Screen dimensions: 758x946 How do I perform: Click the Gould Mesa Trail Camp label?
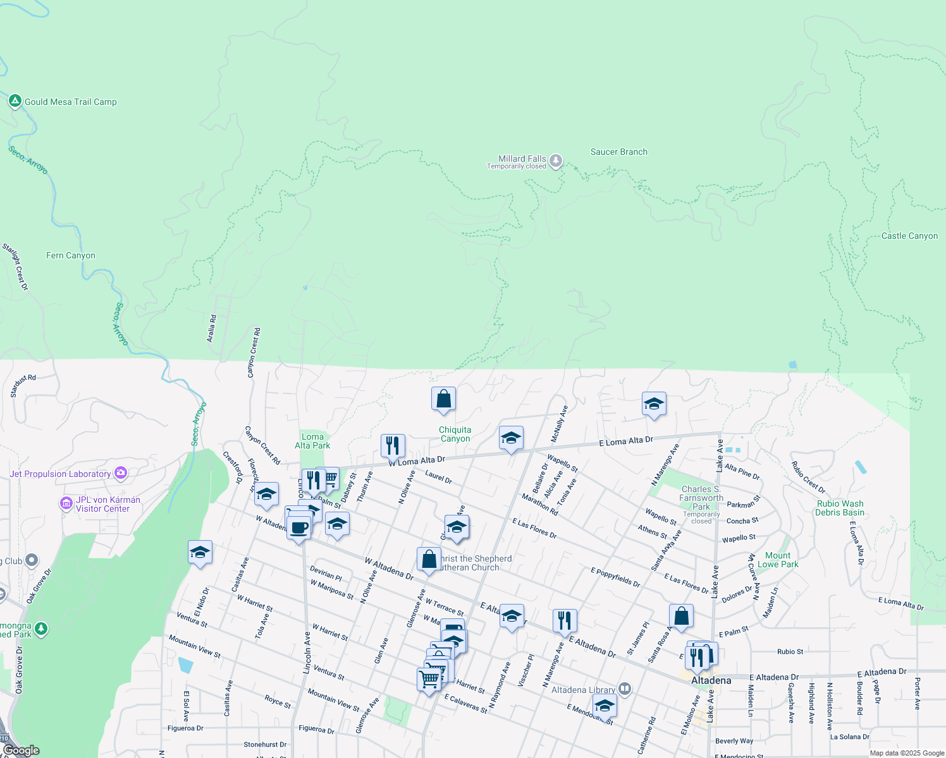[x=71, y=102]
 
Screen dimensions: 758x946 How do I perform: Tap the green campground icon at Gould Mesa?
[x=15, y=101]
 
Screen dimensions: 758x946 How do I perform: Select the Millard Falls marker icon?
[x=556, y=160]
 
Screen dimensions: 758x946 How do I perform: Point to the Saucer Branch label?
[x=618, y=152]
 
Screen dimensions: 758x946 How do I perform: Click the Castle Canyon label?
[x=909, y=236]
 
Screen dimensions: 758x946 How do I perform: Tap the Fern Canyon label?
[x=71, y=255]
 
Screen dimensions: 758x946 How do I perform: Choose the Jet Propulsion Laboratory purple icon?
[x=121, y=473]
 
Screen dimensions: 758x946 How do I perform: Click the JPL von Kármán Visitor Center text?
[x=107, y=504]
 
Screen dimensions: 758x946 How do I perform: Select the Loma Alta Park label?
[x=312, y=441]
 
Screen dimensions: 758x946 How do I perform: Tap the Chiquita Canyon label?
[x=455, y=434]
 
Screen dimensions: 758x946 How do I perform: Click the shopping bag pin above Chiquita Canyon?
[x=443, y=399]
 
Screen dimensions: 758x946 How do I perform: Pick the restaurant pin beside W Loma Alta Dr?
[x=393, y=446]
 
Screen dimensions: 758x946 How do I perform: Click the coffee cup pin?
[x=299, y=528]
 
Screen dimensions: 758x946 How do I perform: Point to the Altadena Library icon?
[x=625, y=689]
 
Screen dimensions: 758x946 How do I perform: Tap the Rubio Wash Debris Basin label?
[x=840, y=508]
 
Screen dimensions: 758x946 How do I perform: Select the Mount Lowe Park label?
[x=778, y=560]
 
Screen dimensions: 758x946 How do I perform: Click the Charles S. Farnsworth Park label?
[x=701, y=498]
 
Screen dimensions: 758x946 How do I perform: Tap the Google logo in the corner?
[x=21, y=750]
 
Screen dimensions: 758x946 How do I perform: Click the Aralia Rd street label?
[x=212, y=328]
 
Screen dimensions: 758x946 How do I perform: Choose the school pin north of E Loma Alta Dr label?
[x=654, y=404]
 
